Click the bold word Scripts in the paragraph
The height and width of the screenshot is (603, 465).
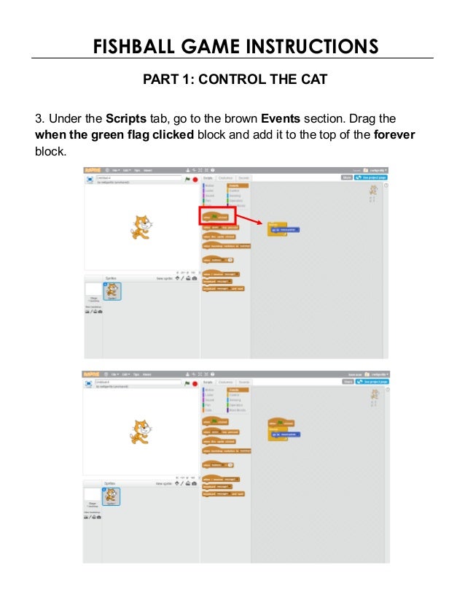coord(126,119)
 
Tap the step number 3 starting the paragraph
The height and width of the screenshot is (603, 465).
coord(39,119)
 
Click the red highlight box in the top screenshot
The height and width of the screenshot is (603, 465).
coord(216,215)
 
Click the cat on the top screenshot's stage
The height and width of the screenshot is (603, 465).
coord(141,226)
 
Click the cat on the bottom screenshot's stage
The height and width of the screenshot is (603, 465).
coord(141,431)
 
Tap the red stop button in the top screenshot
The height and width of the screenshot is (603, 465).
coord(195,179)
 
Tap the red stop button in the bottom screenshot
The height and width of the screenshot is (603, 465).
coord(195,383)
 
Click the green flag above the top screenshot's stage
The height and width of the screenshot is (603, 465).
coord(187,179)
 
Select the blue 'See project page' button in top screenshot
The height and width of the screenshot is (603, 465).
coord(372,177)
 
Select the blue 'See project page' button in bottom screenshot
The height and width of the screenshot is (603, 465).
coord(372,381)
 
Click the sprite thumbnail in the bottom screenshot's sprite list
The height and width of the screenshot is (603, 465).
coord(112,496)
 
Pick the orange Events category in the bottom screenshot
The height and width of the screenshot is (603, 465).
coord(238,390)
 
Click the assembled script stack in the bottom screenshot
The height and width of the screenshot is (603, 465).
coord(283,429)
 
